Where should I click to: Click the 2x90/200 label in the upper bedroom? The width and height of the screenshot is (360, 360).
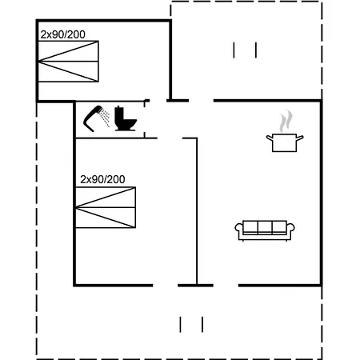pos(63,34)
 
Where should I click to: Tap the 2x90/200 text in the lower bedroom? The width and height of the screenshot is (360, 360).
pos(102,179)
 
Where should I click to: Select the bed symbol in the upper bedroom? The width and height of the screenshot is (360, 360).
pos(69,62)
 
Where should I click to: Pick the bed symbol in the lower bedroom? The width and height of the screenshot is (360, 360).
pos(106,207)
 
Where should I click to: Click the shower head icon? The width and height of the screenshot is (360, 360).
pos(92,118)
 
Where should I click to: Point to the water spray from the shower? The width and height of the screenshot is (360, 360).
pos(106,118)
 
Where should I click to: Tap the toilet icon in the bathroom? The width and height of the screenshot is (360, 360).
pos(125,118)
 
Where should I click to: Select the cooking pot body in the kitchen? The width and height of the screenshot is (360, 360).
pos(285,143)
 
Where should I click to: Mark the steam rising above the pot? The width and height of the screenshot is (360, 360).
pos(286,122)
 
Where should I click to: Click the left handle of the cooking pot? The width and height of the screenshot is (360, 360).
pos(270,138)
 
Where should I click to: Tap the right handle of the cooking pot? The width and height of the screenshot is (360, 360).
pos(300,138)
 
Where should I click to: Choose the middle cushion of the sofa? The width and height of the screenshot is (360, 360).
pos(265,227)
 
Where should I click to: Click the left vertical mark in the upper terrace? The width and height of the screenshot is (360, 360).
pos(234,50)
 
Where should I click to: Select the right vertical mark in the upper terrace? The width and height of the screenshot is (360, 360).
pos(256,50)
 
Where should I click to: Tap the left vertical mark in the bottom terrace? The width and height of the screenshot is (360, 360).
pos(180,325)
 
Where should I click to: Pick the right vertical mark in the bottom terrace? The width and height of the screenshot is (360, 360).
pos(202,325)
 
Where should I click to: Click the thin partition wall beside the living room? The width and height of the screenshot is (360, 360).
pos(197,211)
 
